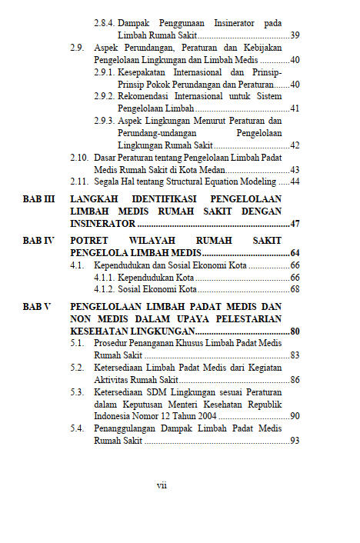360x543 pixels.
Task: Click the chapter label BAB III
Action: pyautogui.click(x=39, y=198)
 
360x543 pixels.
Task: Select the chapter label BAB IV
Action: pyautogui.click(x=38, y=241)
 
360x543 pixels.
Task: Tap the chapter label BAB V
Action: pyautogui.click(x=37, y=306)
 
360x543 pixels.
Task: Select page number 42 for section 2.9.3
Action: pyautogui.click(x=295, y=145)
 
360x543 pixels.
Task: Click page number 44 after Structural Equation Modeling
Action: pyautogui.click(x=295, y=182)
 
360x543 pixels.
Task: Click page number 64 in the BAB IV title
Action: pyautogui.click(x=295, y=253)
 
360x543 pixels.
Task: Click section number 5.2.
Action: pyautogui.click(x=76, y=368)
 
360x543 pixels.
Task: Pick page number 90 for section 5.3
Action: pyautogui.click(x=295, y=416)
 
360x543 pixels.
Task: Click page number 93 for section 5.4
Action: pyautogui.click(x=295, y=441)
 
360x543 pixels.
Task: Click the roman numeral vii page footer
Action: pyautogui.click(x=162, y=485)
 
